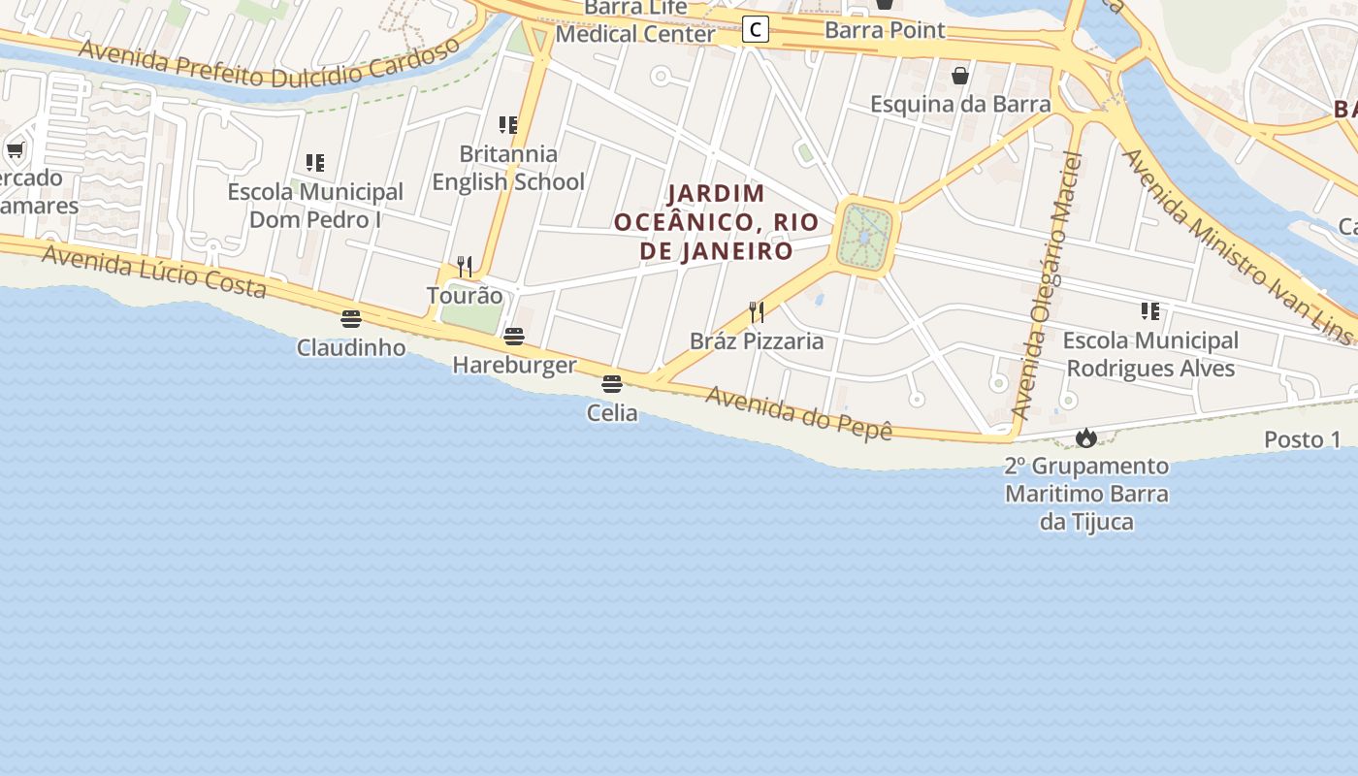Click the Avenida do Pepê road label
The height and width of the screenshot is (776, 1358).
pos(798,412)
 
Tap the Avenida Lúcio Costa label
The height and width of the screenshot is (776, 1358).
pos(153,271)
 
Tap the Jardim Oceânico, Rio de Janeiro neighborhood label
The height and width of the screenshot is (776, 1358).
pos(716,222)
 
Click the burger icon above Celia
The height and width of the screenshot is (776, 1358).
pos(611,383)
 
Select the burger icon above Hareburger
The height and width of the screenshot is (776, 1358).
pos(514,337)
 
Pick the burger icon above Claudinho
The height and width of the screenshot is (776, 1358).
pos(351,318)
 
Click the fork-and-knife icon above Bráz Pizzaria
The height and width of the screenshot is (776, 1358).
pos(757,311)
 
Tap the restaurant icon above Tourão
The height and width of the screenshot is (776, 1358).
pos(465,266)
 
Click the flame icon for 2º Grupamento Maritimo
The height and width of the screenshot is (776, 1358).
pos(1085,437)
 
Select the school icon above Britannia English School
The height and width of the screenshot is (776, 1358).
pos(508,125)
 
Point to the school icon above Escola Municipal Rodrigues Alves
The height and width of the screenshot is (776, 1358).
pos(1150,311)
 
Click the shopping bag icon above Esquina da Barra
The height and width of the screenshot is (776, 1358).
pos(960,76)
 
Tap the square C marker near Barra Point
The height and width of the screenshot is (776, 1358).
pos(755,30)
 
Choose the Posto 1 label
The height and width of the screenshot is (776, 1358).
pos(1302,439)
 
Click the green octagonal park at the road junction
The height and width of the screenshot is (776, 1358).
pos(866,237)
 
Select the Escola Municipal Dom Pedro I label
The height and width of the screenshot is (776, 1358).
pos(315,206)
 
